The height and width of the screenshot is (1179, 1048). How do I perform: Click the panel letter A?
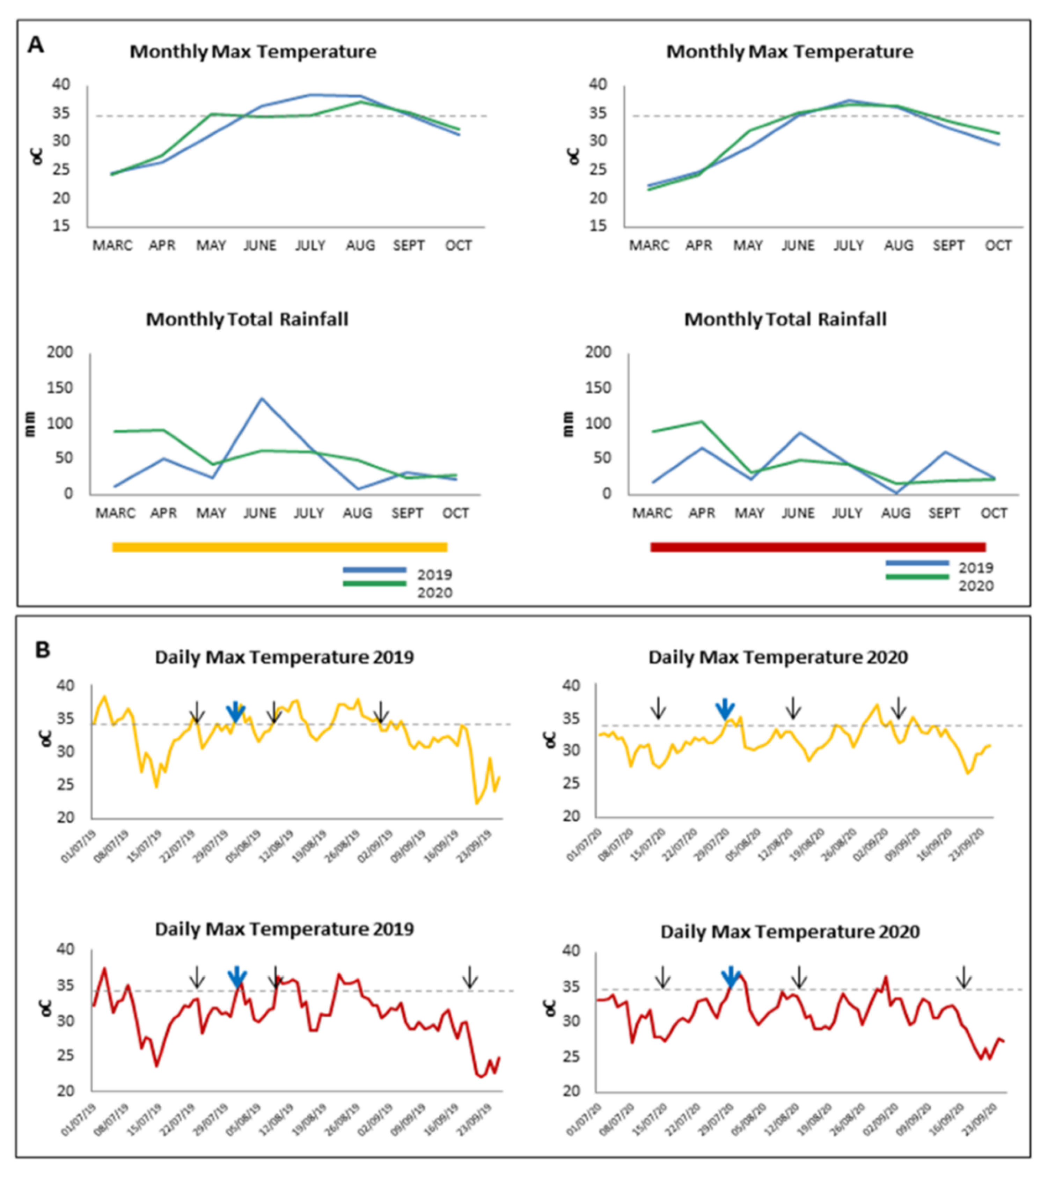(x=36, y=44)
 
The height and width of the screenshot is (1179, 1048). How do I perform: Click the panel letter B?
(x=42, y=650)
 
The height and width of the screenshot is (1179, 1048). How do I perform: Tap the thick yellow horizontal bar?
(x=279, y=547)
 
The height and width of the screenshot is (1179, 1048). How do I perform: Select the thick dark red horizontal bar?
(x=818, y=547)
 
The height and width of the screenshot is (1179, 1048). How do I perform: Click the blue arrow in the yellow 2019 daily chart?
(x=235, y=712)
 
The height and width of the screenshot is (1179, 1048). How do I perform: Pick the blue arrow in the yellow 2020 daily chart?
(x=725, y=709)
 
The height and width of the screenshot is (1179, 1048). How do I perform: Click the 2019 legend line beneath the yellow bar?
(x=374, y=570)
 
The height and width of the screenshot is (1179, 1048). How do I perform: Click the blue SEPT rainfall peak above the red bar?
(x=945, y=452)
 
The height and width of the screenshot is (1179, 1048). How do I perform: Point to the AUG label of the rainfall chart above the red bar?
(x=896, y=513)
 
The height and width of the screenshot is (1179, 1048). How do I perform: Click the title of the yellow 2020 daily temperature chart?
(x=778, y=657)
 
